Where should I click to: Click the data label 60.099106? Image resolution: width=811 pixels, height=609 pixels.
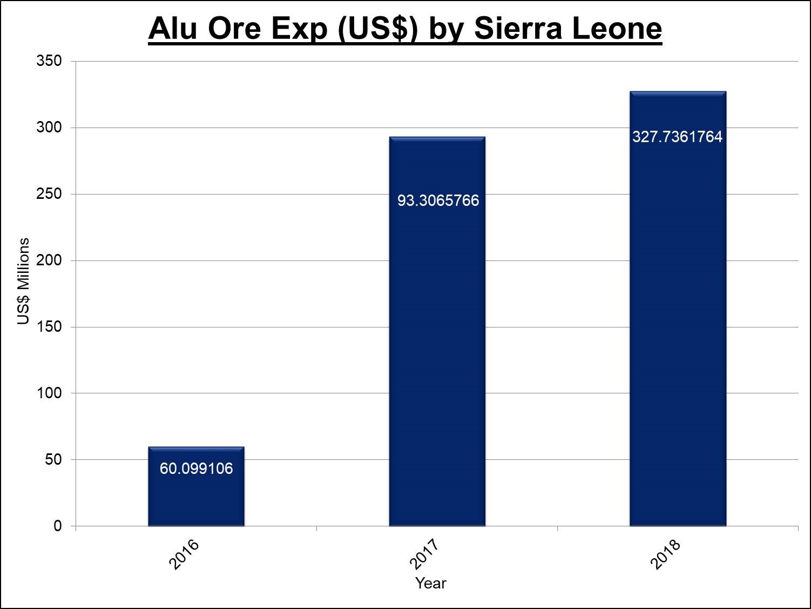[196, 469]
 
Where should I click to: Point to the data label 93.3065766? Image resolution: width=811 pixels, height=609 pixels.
[438, 200]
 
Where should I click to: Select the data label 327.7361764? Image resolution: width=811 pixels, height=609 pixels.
[677, 137]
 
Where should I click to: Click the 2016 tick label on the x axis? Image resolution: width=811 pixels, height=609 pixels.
[184, 554]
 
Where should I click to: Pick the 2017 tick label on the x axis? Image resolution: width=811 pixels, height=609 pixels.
[425, 554]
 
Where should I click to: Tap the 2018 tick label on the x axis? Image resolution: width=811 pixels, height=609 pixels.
[665, 554]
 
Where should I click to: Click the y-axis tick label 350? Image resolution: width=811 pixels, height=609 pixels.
[49, 61]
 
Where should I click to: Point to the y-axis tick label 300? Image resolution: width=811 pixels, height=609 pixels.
[49, 128]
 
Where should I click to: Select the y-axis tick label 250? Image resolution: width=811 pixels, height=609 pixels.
[49, 194]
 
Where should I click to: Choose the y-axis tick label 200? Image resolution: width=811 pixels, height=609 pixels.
[49, 260]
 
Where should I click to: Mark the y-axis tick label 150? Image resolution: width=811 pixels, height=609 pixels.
[49, 327]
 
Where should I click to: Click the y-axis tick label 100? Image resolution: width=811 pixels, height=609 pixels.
[49, 393]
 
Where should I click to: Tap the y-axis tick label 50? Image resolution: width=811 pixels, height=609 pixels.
[53, 460]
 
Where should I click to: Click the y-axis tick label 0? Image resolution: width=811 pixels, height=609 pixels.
[58, 526]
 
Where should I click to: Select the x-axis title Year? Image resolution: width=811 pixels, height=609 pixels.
[430, 584]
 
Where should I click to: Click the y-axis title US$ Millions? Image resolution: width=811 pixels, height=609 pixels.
[23, 281]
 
